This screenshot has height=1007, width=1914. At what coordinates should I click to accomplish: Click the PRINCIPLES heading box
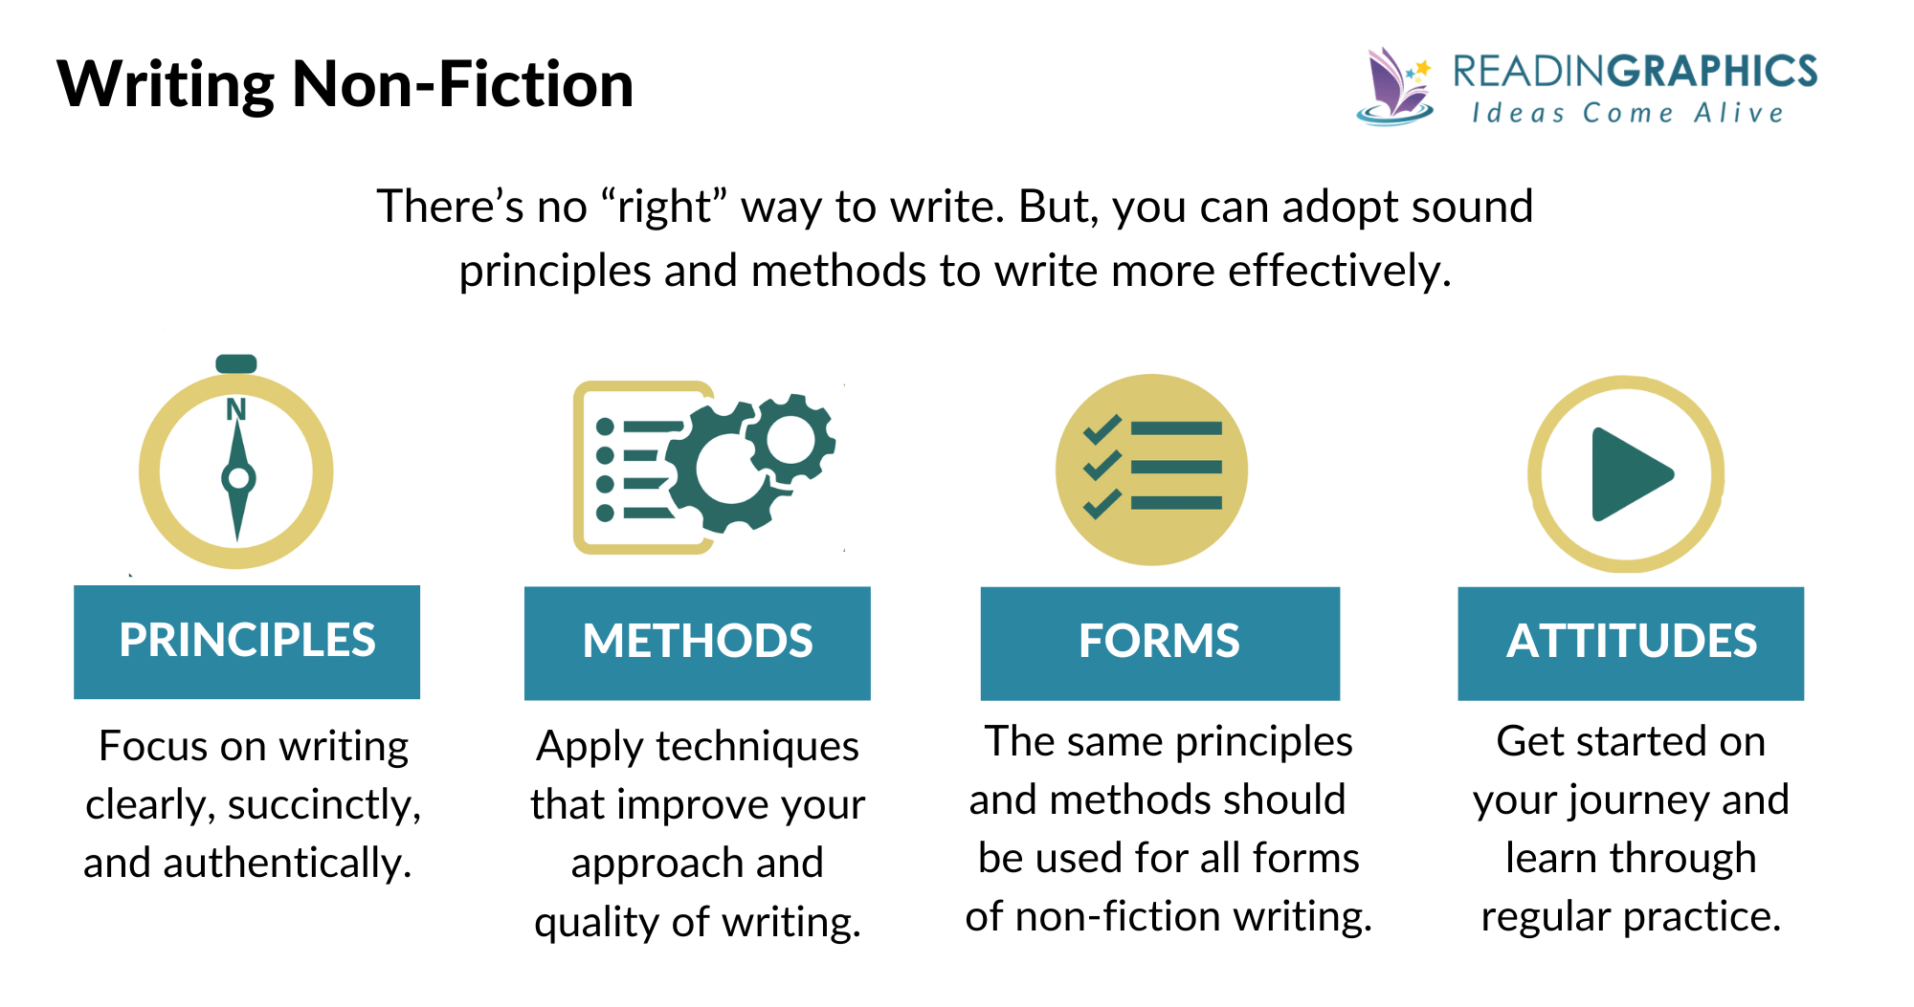point(247,641)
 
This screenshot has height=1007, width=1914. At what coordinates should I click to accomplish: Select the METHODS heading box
point(697,642)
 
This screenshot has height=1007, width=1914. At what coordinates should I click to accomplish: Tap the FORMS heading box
point(1159,642)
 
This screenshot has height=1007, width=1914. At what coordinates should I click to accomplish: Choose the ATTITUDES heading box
point(1630,642)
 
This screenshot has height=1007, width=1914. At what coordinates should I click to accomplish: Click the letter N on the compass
point(235,410)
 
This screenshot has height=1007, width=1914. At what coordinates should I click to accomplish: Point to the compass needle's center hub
point(237,478)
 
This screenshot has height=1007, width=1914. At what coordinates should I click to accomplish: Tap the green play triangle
point(1628,474)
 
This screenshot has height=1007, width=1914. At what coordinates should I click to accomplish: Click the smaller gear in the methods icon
point(790,440)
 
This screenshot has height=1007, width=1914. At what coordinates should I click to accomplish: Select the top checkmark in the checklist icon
point(1102,429)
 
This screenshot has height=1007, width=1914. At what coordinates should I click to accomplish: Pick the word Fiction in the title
point(536,84)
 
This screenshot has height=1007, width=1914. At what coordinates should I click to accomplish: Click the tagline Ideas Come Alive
point(1627,113)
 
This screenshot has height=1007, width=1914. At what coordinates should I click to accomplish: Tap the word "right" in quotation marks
point(664,207)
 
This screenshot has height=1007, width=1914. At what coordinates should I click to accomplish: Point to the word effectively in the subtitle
point(1339,271)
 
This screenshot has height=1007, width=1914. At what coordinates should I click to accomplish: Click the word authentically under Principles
point(287,864)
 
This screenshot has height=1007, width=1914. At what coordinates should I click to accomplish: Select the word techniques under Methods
point(756,747)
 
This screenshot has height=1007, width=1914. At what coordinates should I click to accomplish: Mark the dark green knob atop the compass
point(235,363)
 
